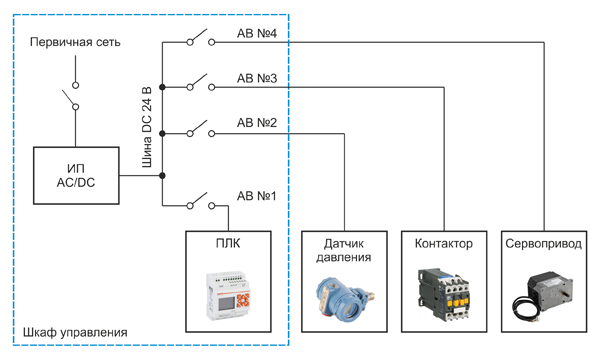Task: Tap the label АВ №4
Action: pyautogui.click(x=257, y=33)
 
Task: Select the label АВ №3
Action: pyautogui.click(x=257, y=78)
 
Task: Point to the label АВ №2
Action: pyautogui.click(x=257, y=123)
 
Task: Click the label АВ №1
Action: pyautogui.click(x=256, y=196)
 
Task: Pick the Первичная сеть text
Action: pyautogui.click(x=75, y=42)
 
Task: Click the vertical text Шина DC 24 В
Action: pyautogui.click(x=147, y=127)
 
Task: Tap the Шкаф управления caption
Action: pyautogui.click(x=75, y=332)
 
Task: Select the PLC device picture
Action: pyautogui.click(x=228, y=295)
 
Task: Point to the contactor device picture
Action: pyautogui.click(x=443, y=293)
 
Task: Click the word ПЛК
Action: pyautogui.click(x=228, y=243)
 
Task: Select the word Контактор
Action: pyautogui.click(x=444, y=243)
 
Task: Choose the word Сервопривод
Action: pyautogui.click(x=544, y=244)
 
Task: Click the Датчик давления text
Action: pyautogui.click(x=344, y=250)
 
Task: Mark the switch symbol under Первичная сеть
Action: pyautogui.click(x=72, y=96)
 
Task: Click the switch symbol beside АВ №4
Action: pyautogui.click(x=201, y=38)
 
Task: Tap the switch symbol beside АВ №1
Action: pyautogui.click(x=201, y=201)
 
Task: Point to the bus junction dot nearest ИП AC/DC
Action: pyautogui.click(x=162, y=176)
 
